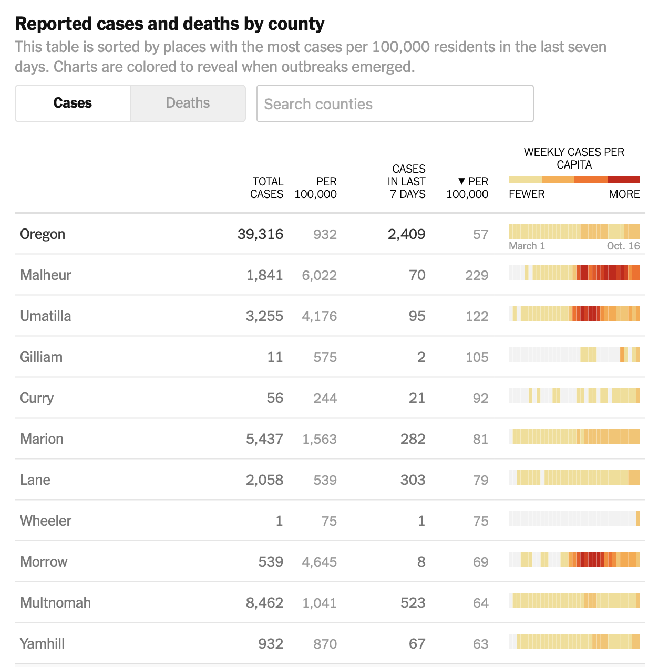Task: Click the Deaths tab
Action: point(188,103)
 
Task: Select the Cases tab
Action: point(73,103)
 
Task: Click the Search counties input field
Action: point(395,104)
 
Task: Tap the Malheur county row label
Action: point(46,275)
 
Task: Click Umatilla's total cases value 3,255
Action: point(264,316)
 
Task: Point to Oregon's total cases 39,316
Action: point(260,234)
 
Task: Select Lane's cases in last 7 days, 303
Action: point(413,480)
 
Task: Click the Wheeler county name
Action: point(46,521)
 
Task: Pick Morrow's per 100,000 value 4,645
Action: point(319,562)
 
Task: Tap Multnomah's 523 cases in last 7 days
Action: point(413,603)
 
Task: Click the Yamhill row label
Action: point(43,644)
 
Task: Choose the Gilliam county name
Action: point(42,357)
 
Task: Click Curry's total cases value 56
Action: point(275,398)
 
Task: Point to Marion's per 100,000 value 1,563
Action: point(319,439)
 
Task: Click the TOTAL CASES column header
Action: point(267,187)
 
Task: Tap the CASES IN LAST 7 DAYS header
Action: point(407,182)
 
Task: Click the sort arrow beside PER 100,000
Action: point(461,181)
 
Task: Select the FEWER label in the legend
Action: point(527,194)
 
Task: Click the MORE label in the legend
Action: point(624,194)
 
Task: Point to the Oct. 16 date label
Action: point(623,246)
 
